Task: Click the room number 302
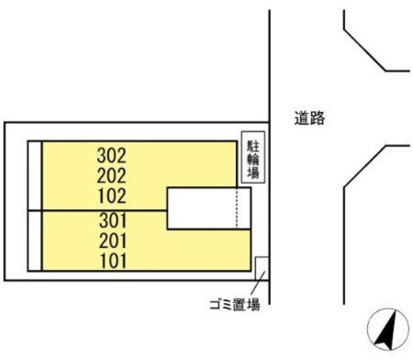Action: [x=113, y=155]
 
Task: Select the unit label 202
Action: [x=113, y=175]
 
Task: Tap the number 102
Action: [x=113, y=195]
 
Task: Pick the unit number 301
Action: [x=113, y=221]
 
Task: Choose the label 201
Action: [x=113, y=241]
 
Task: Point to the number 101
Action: [x=113, y=261]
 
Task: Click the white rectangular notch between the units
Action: [x=201, y=208]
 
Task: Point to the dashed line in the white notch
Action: [x=237, y=208]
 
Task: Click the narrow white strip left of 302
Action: [x=34, y=175]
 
